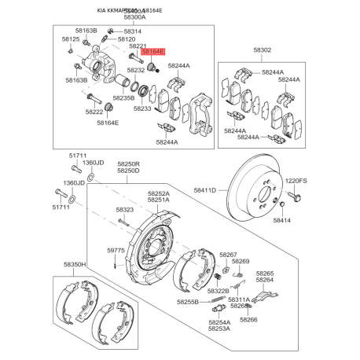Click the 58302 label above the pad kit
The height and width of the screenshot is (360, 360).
click(x=263, y=50)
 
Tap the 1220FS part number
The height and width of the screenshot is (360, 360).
click(x=296, y=181)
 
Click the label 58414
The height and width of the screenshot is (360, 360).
click(x=281, y=221)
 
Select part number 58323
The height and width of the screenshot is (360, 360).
click(x=124, y=210)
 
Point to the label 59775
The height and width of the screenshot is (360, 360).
click(x=116, y=250)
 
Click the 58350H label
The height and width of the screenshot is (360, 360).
click(x=75, y=265)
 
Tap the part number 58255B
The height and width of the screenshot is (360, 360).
click(x=188, y=302)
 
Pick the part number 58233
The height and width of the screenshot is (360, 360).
click(x=142, y=108)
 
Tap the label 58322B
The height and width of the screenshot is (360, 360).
click(x=218, y=291)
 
